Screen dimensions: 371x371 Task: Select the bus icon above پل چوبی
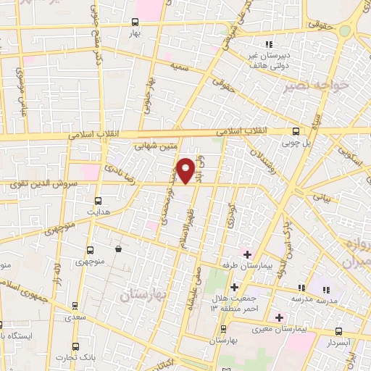[x=295, y=131]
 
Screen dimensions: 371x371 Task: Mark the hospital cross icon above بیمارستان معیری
[x=279, y=317]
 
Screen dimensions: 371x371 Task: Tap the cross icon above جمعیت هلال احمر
[x=234, y=288]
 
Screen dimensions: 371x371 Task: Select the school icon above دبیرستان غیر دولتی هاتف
[x=270, y=45]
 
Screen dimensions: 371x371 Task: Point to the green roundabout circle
[x=345, y=31]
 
